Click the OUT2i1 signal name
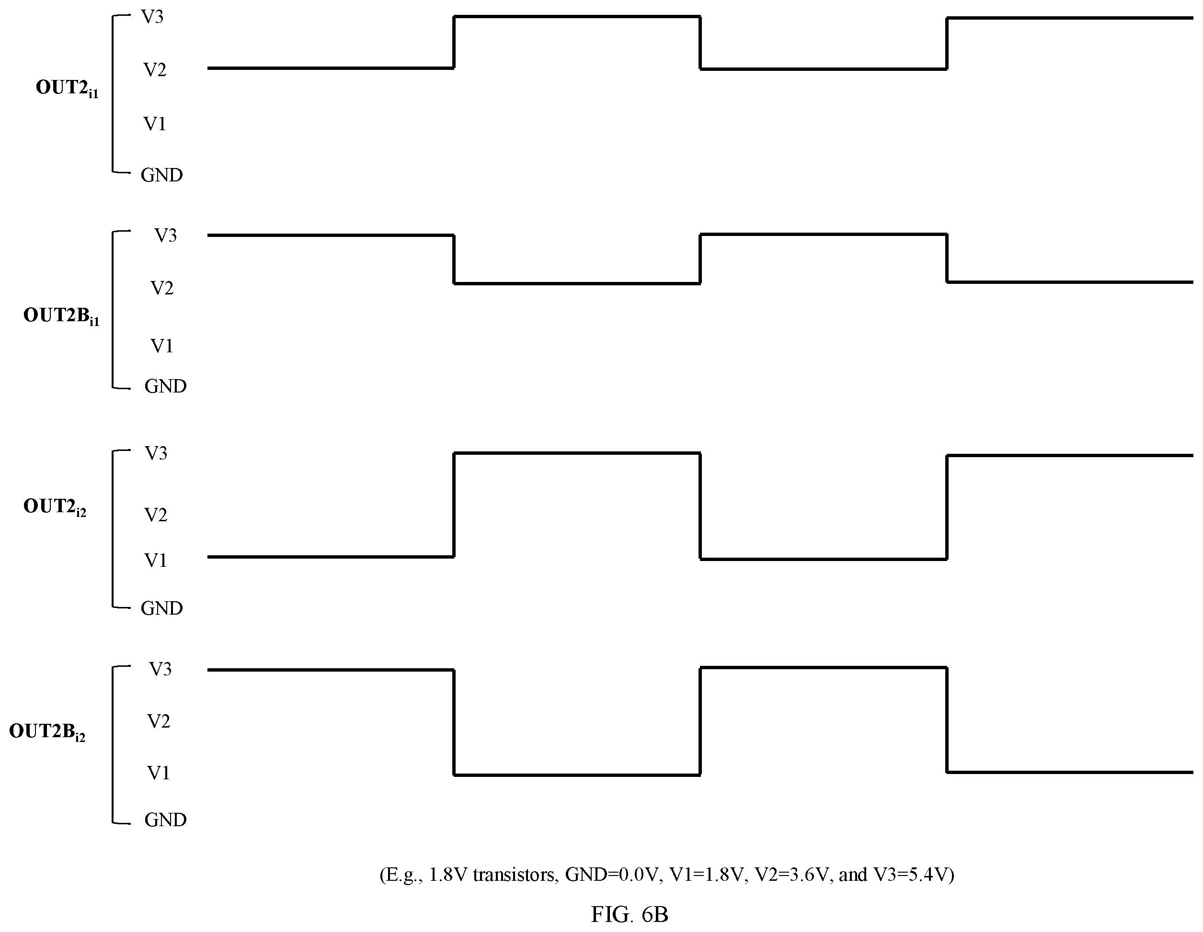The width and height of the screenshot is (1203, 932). pyautogui.click(x=67, y=89)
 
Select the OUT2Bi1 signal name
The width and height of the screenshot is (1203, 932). pyautogui.click(x=61, y=316)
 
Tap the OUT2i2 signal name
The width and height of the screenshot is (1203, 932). pyautogui.click(x=55, y=507)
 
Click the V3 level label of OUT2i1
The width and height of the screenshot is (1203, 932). pyautogui.click(x=152, y=17)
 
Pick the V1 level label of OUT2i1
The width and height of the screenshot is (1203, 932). pyautogui.click(x=155, y=124)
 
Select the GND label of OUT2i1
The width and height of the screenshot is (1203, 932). pyautogui.click(x=161, y=175)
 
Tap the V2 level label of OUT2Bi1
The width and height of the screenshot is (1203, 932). pyautogui.click(x=162, y=288)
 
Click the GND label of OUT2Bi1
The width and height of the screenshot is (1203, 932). pyautogui.click(x=165, y=386)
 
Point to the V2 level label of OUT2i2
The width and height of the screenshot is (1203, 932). pyautogui.click(x=156, y=515)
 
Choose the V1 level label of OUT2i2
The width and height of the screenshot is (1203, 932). pyautogui.click(x=156, y=561)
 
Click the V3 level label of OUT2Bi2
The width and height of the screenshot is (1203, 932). pyautogui.click(x=160, y=669)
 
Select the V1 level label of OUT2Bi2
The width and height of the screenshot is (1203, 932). pyautogui.click(x=159, y=773)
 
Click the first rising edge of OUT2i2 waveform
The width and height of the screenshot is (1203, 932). pyautogui.click(x=454, y=505)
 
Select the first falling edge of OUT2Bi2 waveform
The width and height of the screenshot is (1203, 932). pyautogui.click(x=454, y=722)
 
